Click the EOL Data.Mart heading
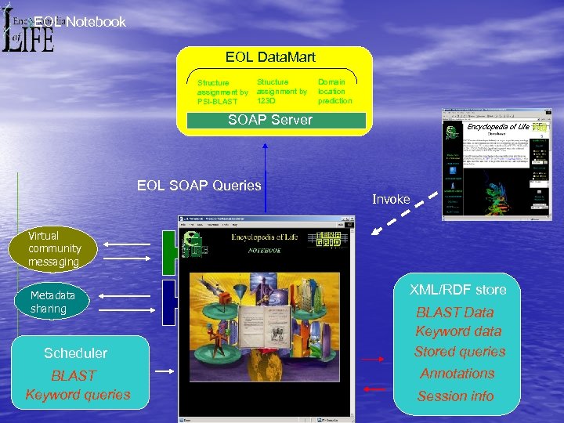[270, 57]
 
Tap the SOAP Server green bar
[270, 120]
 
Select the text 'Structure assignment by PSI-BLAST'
[222, 92]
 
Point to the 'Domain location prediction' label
[334, 91]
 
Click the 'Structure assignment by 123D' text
[281, 91]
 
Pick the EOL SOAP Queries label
[199, 186]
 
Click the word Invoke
[391, 200]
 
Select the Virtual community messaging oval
[54, 248]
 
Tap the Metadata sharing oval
[52, 302]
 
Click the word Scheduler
[75, 353]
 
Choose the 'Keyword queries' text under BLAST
[78, 395]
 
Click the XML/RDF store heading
[457, 290]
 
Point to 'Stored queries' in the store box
[460, 352]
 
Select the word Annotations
[457, 374]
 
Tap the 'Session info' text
[456, 396]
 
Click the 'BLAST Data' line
[455, 313]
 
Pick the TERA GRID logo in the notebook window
[329, 240]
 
